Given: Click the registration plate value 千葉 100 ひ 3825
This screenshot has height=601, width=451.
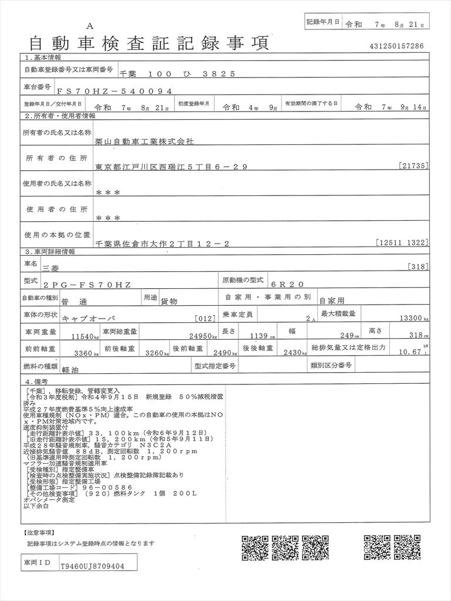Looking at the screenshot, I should coord(177,74).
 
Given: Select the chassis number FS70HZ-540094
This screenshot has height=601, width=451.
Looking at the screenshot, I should coord(115,91).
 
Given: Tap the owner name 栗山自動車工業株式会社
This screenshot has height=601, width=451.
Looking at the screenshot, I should coord(144,141).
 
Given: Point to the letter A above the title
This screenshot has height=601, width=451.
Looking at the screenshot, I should coord(89,25).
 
